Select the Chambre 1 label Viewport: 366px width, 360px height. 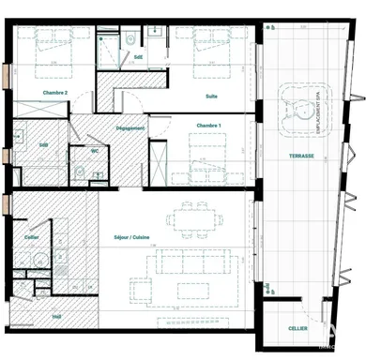[208, 125]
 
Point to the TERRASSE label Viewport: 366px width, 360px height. [301, 157]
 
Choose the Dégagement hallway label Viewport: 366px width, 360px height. [129, 127]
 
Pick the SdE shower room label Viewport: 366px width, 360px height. [139, 56]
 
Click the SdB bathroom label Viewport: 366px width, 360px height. [43, 145]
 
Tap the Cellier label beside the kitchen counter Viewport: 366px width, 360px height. [32, 237]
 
